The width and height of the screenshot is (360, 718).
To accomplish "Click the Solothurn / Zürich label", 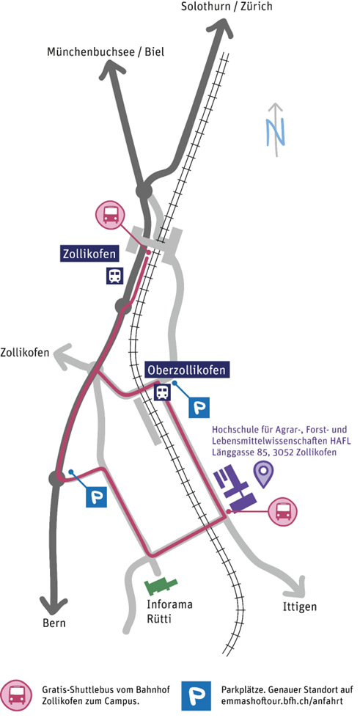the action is coord(227,7).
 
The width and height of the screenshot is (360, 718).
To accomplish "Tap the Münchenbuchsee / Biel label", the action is coord(106,52).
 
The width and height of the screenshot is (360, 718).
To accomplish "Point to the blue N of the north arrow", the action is coord(276,132).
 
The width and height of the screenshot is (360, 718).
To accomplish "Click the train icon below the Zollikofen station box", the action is coord(114,276).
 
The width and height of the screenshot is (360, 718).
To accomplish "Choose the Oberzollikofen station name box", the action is coord(187,370).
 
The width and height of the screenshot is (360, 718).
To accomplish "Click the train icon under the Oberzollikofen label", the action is coord(162,392).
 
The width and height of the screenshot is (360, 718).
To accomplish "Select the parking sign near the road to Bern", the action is coord(96,497).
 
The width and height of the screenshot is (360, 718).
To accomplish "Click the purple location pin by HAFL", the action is coord(263,475).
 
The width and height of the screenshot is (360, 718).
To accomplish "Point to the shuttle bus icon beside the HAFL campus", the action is coord(282,511).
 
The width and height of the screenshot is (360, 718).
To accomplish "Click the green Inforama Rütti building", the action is coord(161,585).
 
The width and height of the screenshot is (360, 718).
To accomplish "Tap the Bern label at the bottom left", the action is coord(54,623).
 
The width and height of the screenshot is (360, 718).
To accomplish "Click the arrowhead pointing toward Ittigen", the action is coord(298,583).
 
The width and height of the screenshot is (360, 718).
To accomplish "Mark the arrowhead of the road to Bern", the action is coord(54,606).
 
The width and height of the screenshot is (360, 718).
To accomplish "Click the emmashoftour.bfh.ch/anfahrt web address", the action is coord(282,702).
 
